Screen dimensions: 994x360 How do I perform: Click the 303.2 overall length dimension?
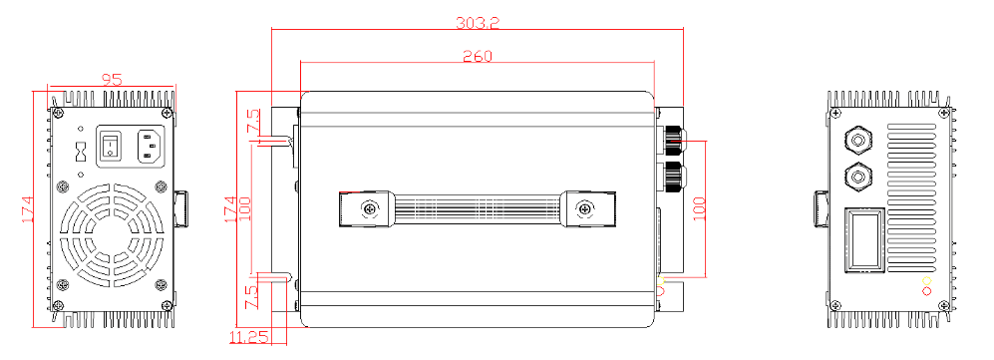tap(478, 23)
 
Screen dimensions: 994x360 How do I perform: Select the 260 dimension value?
tap(478, 56)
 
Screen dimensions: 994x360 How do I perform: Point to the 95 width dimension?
tap(112, 80)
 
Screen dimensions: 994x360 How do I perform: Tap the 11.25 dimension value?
tap(249, 337)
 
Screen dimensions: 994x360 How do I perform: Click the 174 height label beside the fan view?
tap(28, 209)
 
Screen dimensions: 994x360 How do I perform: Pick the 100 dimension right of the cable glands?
tap(699, 208)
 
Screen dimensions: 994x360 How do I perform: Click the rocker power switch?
tap(112, 146)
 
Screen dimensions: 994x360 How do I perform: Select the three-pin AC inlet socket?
tap(153, 146)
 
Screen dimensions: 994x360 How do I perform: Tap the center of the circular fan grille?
tap(112, 235)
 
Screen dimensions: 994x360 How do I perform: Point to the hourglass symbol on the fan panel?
tap(81, 152)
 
